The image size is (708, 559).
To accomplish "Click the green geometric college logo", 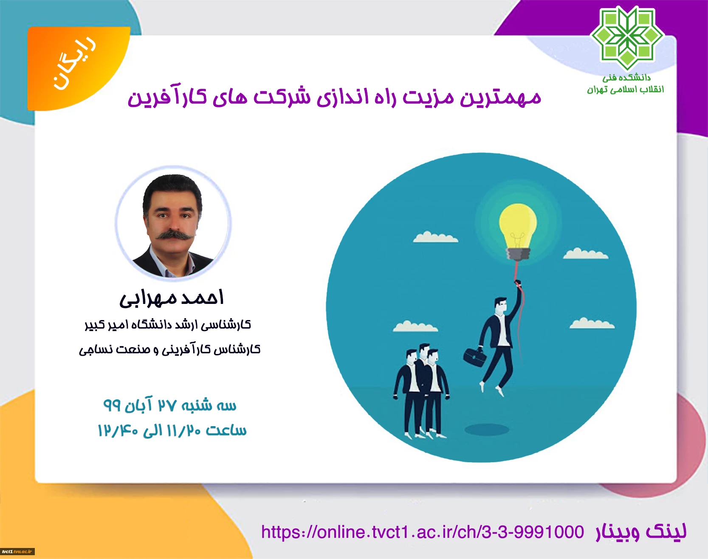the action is [x=627, y=39].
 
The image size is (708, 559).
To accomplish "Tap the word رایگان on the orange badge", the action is [x=75, y=64].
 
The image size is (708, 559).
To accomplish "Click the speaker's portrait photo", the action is [x=173, y=222].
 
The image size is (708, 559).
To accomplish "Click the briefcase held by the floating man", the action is [x=475, y=357].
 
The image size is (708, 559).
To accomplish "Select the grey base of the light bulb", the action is [x=518, y=254].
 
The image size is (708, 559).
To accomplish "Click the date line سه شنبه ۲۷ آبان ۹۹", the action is [x=170, y=406].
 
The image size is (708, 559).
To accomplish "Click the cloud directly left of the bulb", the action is [x=435, y=237].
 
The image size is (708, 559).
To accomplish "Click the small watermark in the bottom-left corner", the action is [x=17, y=551].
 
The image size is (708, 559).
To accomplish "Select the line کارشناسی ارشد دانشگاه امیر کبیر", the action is [x=168, y=325].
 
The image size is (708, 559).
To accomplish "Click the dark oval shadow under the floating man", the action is [x=487, y=430].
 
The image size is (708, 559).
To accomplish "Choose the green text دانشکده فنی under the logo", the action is [x=626, y=78].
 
